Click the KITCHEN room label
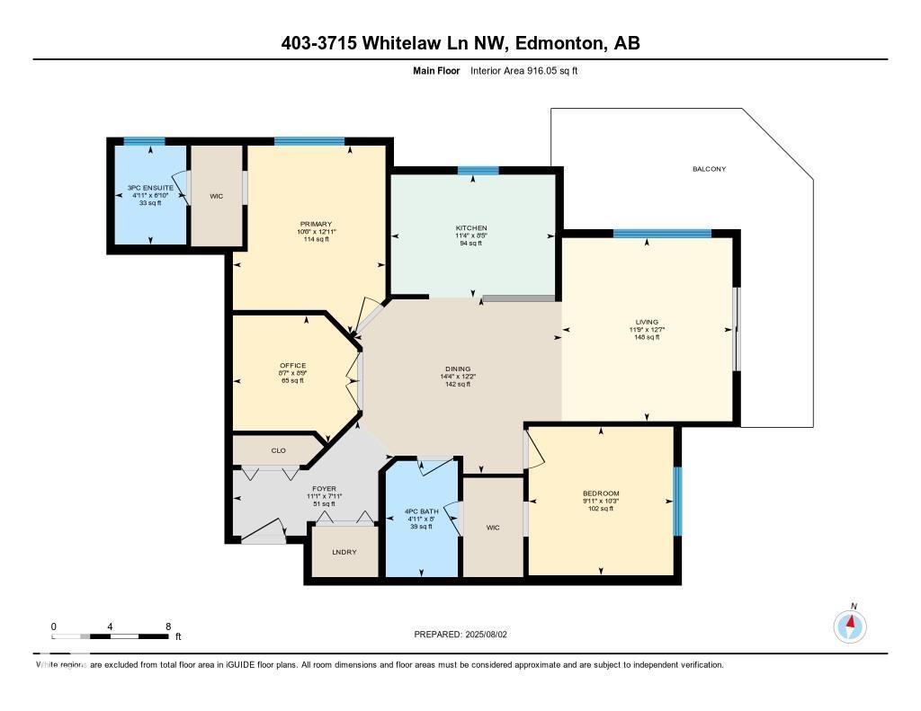click(471, 228)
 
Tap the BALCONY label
click(709, 169)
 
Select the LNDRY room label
click(344, 551)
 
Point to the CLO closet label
click(278, 450)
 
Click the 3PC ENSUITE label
click(149, 189)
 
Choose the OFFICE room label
click(292, 366)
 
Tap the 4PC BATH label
click(421, 512)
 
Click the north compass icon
click(850, 625)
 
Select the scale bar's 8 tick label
click(168, 626)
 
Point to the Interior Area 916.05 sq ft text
click(523, 70)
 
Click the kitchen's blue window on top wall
click(478, 170)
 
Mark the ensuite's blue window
click(144, 141)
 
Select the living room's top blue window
click(662, 234)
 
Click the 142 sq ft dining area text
click(458, 384)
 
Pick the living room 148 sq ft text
click(647, 337)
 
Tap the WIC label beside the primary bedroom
click(216, 195)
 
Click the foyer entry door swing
click(263, 533)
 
